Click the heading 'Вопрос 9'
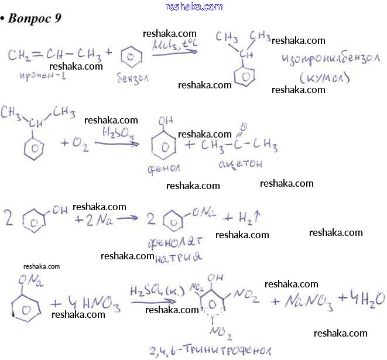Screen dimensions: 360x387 click(x=36, y=18)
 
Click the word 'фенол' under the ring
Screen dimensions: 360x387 click(x=164, y=169)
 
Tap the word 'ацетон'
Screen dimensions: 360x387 click(x=240, y=164)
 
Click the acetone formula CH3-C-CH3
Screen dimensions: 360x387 click(x=241, y=143)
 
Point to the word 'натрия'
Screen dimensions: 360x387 click(x=179, y=257)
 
